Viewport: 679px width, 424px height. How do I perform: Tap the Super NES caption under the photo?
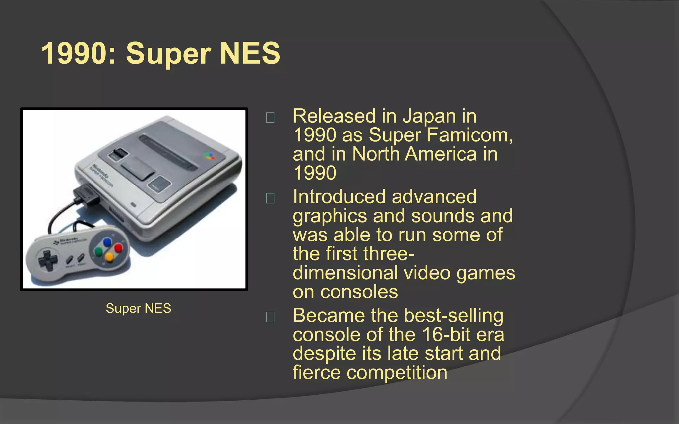coord(138,308)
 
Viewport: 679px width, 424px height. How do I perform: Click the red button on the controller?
coord(118,248)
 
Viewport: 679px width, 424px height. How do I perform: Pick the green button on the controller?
coord(98,252)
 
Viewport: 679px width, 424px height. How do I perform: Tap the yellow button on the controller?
coord(109,257)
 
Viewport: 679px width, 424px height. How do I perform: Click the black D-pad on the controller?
coord(47,260)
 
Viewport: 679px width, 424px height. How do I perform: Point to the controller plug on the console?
coord(87,195)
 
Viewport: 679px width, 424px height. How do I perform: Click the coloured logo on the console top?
coord(210,156)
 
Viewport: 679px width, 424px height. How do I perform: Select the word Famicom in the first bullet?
coord(470,135)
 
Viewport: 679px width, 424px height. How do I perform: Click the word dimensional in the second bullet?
coord(345,273)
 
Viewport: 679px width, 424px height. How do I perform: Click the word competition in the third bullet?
coord(397,373)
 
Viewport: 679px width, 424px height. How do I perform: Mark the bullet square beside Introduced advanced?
coord(270,198)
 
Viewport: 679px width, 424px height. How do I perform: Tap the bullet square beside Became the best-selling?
coord(270,317)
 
